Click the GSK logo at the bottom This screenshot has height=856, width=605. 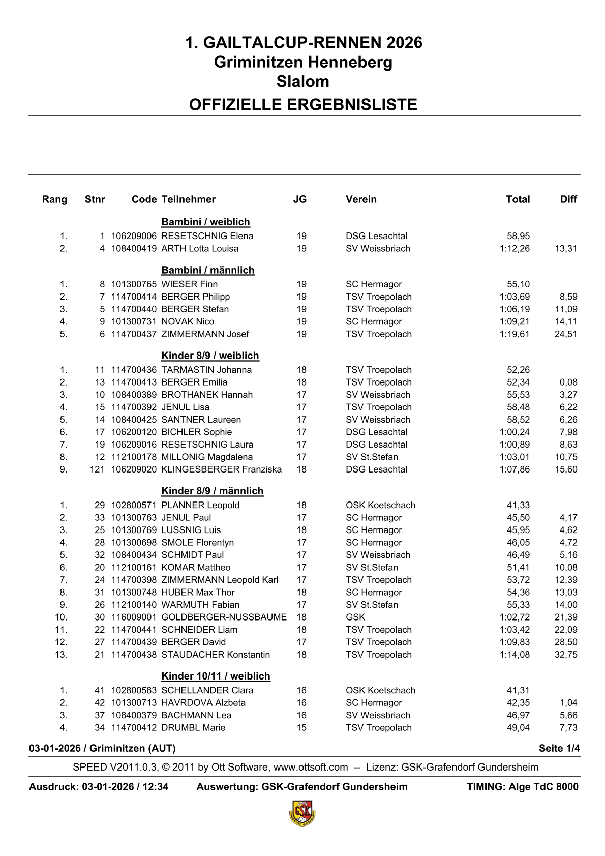coord(302,813)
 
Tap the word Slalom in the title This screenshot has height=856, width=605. coord(302,81)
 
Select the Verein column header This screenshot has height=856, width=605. coord(361,199)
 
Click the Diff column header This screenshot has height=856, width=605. coord(568,199)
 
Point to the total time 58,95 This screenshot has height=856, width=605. coord(518,236)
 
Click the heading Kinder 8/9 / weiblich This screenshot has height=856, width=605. coord(210,356)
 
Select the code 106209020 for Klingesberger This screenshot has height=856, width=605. coord(134,469)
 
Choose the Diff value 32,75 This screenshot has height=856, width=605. coord(566,655)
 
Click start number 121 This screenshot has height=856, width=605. coord(97,469)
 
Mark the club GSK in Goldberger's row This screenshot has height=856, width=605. coord(355,617)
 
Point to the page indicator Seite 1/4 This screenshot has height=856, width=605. coord(559,748)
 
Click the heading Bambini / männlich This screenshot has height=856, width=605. coord(207,270)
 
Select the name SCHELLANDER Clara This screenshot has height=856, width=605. coord(207,690)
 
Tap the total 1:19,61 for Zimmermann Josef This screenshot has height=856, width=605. coord(515,334)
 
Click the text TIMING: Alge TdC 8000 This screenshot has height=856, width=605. coord(522,787)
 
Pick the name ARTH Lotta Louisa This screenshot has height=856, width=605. coord(200,249)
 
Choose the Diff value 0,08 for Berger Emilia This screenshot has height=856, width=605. coord(568,382)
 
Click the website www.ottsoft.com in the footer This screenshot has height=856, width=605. coord(311,767)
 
